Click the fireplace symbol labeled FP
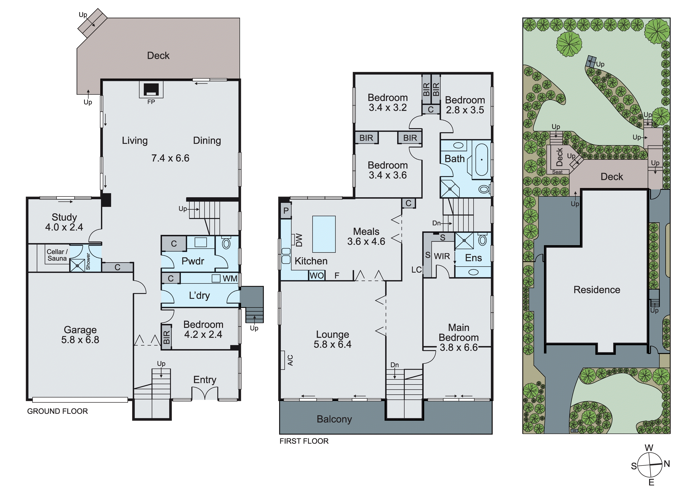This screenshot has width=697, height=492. coord(151,90)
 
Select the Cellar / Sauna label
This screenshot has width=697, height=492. coord(57,255)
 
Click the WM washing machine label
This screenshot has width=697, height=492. coord(230,278)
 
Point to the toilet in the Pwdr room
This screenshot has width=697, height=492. coord(226,243)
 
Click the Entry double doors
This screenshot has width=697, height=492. coord(205,393)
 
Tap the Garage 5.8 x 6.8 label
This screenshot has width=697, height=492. coord(80,335)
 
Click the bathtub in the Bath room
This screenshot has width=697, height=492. coord(482,160)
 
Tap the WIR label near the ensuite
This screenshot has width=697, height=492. coord(442,256)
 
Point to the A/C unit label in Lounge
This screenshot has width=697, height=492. coord(290,360)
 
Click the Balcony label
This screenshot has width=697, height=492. coord(334,419)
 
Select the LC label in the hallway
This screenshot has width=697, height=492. coord(417,270)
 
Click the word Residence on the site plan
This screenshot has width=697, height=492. coord(596,290)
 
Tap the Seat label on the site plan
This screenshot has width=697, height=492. coord(557,172)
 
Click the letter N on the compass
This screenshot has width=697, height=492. coord(667,464)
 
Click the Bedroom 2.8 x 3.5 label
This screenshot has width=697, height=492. coord(465,105)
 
